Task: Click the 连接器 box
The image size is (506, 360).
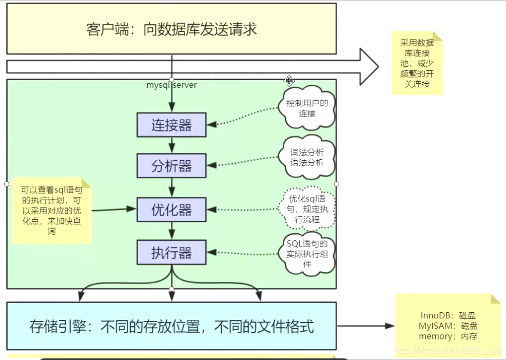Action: pyautogui.click(x=171, y=124)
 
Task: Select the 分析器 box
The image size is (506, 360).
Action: pyautogui.click(x=171, y=166)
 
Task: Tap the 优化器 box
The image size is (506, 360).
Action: pyautogui.click(x=171, y=209)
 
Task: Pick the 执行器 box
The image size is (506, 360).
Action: pyautogui.click(x=171, y=253)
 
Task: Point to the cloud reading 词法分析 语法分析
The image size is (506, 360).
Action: pyautogui.click(x=307, y=158)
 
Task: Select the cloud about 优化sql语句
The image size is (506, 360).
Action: pyautogui.click(x=307, y=209)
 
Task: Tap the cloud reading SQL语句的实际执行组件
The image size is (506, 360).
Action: pyautogui.click(x=307, y=254)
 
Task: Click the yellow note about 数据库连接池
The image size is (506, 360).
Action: pyautogui.click(x=417, y=63)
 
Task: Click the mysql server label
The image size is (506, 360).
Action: pyautogui.click(x=171, y=85)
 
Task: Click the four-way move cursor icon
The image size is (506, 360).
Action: pyautogui.click(x=289, y=81)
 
